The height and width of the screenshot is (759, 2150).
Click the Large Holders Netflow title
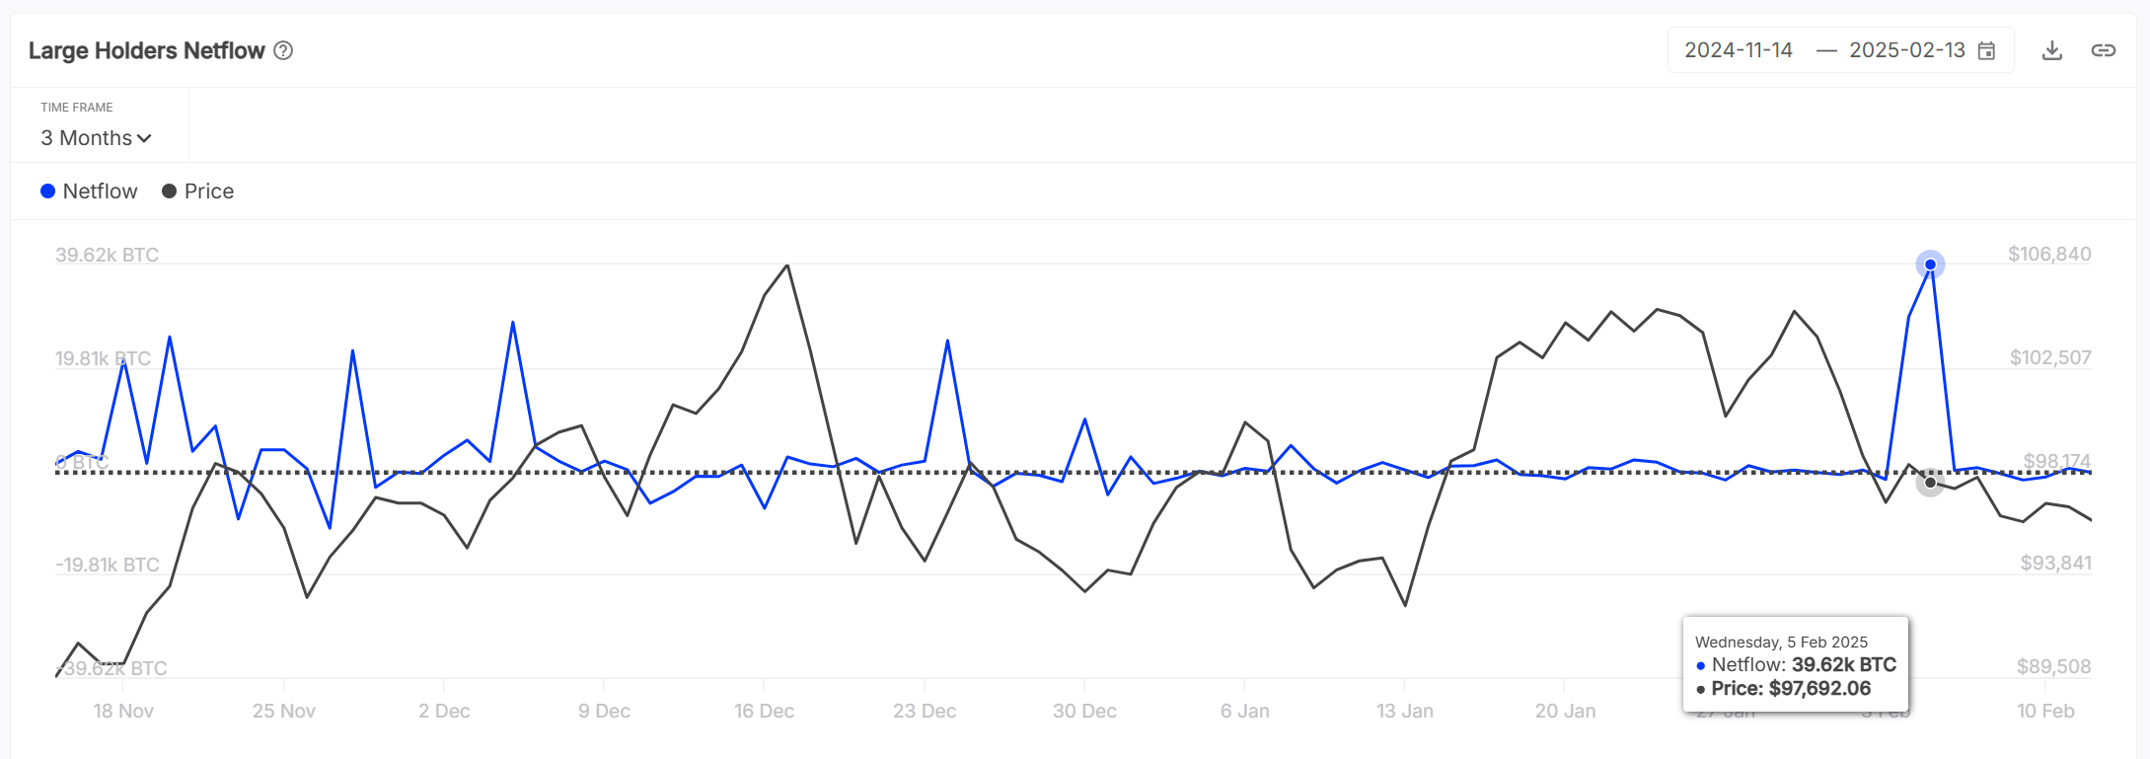click(146, 50)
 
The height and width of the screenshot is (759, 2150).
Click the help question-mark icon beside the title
click(283, 50)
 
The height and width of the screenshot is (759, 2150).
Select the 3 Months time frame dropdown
click(96, 138)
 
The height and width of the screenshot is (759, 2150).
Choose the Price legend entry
click(198, 191)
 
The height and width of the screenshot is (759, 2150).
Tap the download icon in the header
click(2052, 50)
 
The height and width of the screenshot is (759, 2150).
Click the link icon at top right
click(2103, 50)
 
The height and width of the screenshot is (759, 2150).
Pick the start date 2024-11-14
click(1738, 50)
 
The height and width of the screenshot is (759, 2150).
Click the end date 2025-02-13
click(1906, 50)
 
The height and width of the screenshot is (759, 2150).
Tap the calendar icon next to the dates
click(1987, 51)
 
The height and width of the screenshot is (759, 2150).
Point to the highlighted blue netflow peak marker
click(1930, 265)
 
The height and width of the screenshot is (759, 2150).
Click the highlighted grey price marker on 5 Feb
click(1930, 483)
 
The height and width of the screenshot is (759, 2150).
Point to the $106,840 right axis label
click(2049, 255)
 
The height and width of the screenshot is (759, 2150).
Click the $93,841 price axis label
click(2055, 564)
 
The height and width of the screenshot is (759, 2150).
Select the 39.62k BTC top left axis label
click(107, 256)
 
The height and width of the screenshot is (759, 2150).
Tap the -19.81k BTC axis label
click(107, 566)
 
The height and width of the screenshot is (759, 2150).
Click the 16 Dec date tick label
click(764, 712)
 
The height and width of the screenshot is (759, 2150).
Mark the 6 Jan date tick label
click(1244, 712)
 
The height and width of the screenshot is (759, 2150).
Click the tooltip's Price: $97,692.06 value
click(1790, 689)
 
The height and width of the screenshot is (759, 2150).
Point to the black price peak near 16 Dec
click(787, 266)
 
